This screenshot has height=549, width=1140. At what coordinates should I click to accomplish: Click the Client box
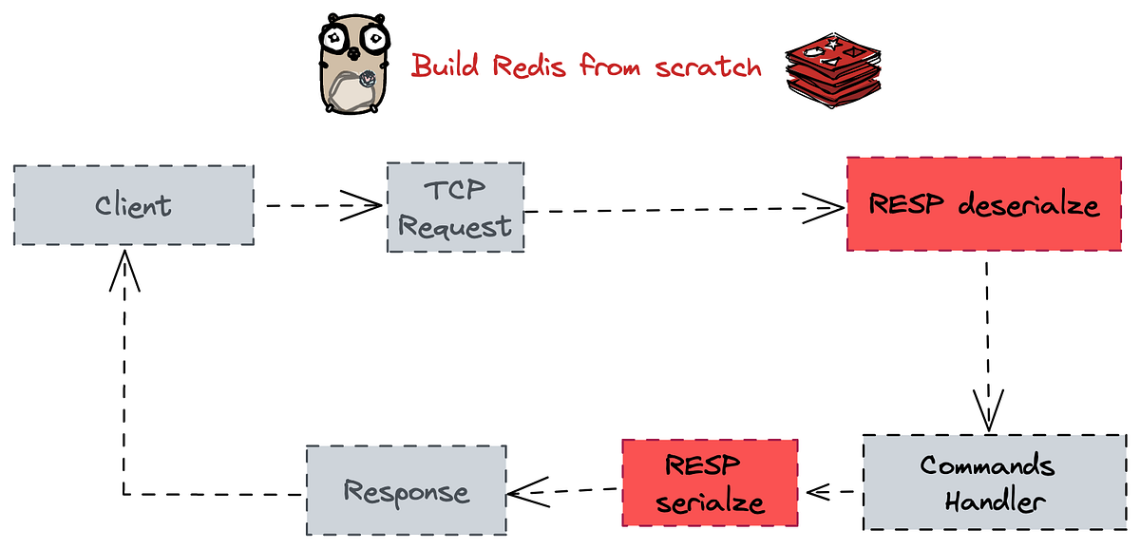point(133,205)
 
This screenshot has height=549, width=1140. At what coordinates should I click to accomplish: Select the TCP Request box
point(455,207)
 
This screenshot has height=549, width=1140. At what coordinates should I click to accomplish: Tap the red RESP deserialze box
point(983,204)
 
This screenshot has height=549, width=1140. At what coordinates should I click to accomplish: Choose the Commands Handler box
point(987,483)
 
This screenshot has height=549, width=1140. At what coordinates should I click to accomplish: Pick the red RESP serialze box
point(709,483)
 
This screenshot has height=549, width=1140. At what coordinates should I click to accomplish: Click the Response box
point(406,491)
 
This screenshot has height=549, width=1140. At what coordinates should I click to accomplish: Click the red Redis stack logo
point(832,66)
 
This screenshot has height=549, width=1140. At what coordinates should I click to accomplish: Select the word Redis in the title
point(528,66)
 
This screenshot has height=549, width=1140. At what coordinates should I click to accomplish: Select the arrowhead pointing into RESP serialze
point(818,492)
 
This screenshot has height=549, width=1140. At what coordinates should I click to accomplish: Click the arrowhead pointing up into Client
point(124,271)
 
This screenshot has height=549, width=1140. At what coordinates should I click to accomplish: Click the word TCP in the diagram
point(454,189)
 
